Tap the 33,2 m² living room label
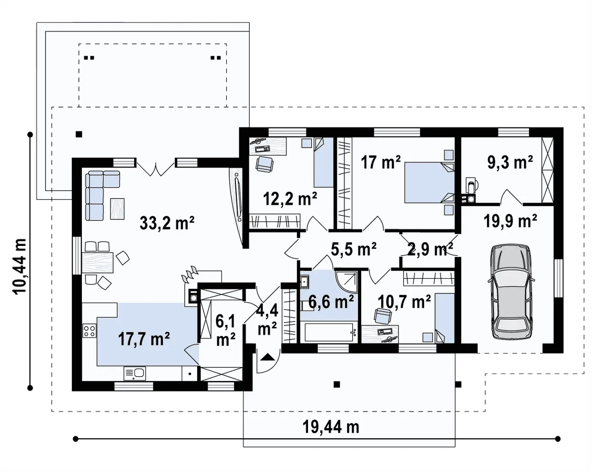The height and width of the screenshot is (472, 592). (x=167, y=223)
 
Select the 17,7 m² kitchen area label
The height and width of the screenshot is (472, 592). (x=144, y=339)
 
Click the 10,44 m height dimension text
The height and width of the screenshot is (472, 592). (x=19, y=267)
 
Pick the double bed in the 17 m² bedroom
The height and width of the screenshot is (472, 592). (x=429, y=182)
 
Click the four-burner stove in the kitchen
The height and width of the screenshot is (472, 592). (x=89, y=331)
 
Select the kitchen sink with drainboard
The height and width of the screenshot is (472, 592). (x=135, y=374)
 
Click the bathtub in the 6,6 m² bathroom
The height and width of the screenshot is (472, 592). (x=329, y=332)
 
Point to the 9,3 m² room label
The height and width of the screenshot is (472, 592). (x=510, y=162)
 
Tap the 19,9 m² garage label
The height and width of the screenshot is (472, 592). (x=510, y=221)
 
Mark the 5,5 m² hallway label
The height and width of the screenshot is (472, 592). (x=354, y=249)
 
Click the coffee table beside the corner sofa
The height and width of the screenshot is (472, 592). (x=117, y=209)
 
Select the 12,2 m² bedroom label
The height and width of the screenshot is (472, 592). (x=290, y=199)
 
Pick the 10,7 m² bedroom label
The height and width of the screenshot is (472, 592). (x=404, y=302)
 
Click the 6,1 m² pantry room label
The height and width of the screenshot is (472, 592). (x=226, y=330)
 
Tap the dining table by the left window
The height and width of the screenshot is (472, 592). (x=97, y=262)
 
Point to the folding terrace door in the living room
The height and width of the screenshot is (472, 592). (x=156, y=169)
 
